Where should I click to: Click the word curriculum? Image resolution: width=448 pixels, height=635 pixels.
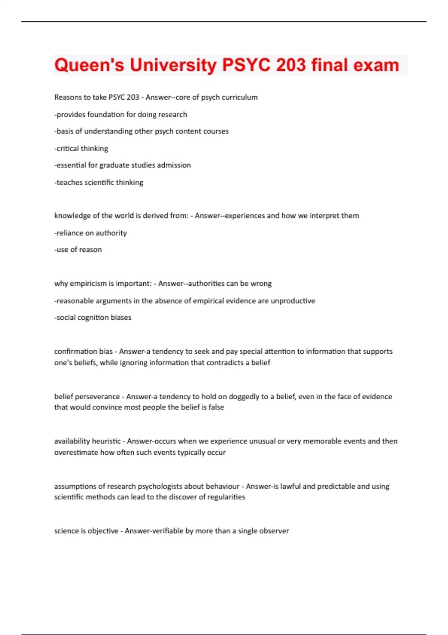(x=240, y=97)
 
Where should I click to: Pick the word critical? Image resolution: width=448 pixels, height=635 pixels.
(x=68, y=148)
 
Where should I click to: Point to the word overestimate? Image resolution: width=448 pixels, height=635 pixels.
(x=76, y=452)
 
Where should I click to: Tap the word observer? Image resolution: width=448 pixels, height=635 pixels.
(x=274, y=531)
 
